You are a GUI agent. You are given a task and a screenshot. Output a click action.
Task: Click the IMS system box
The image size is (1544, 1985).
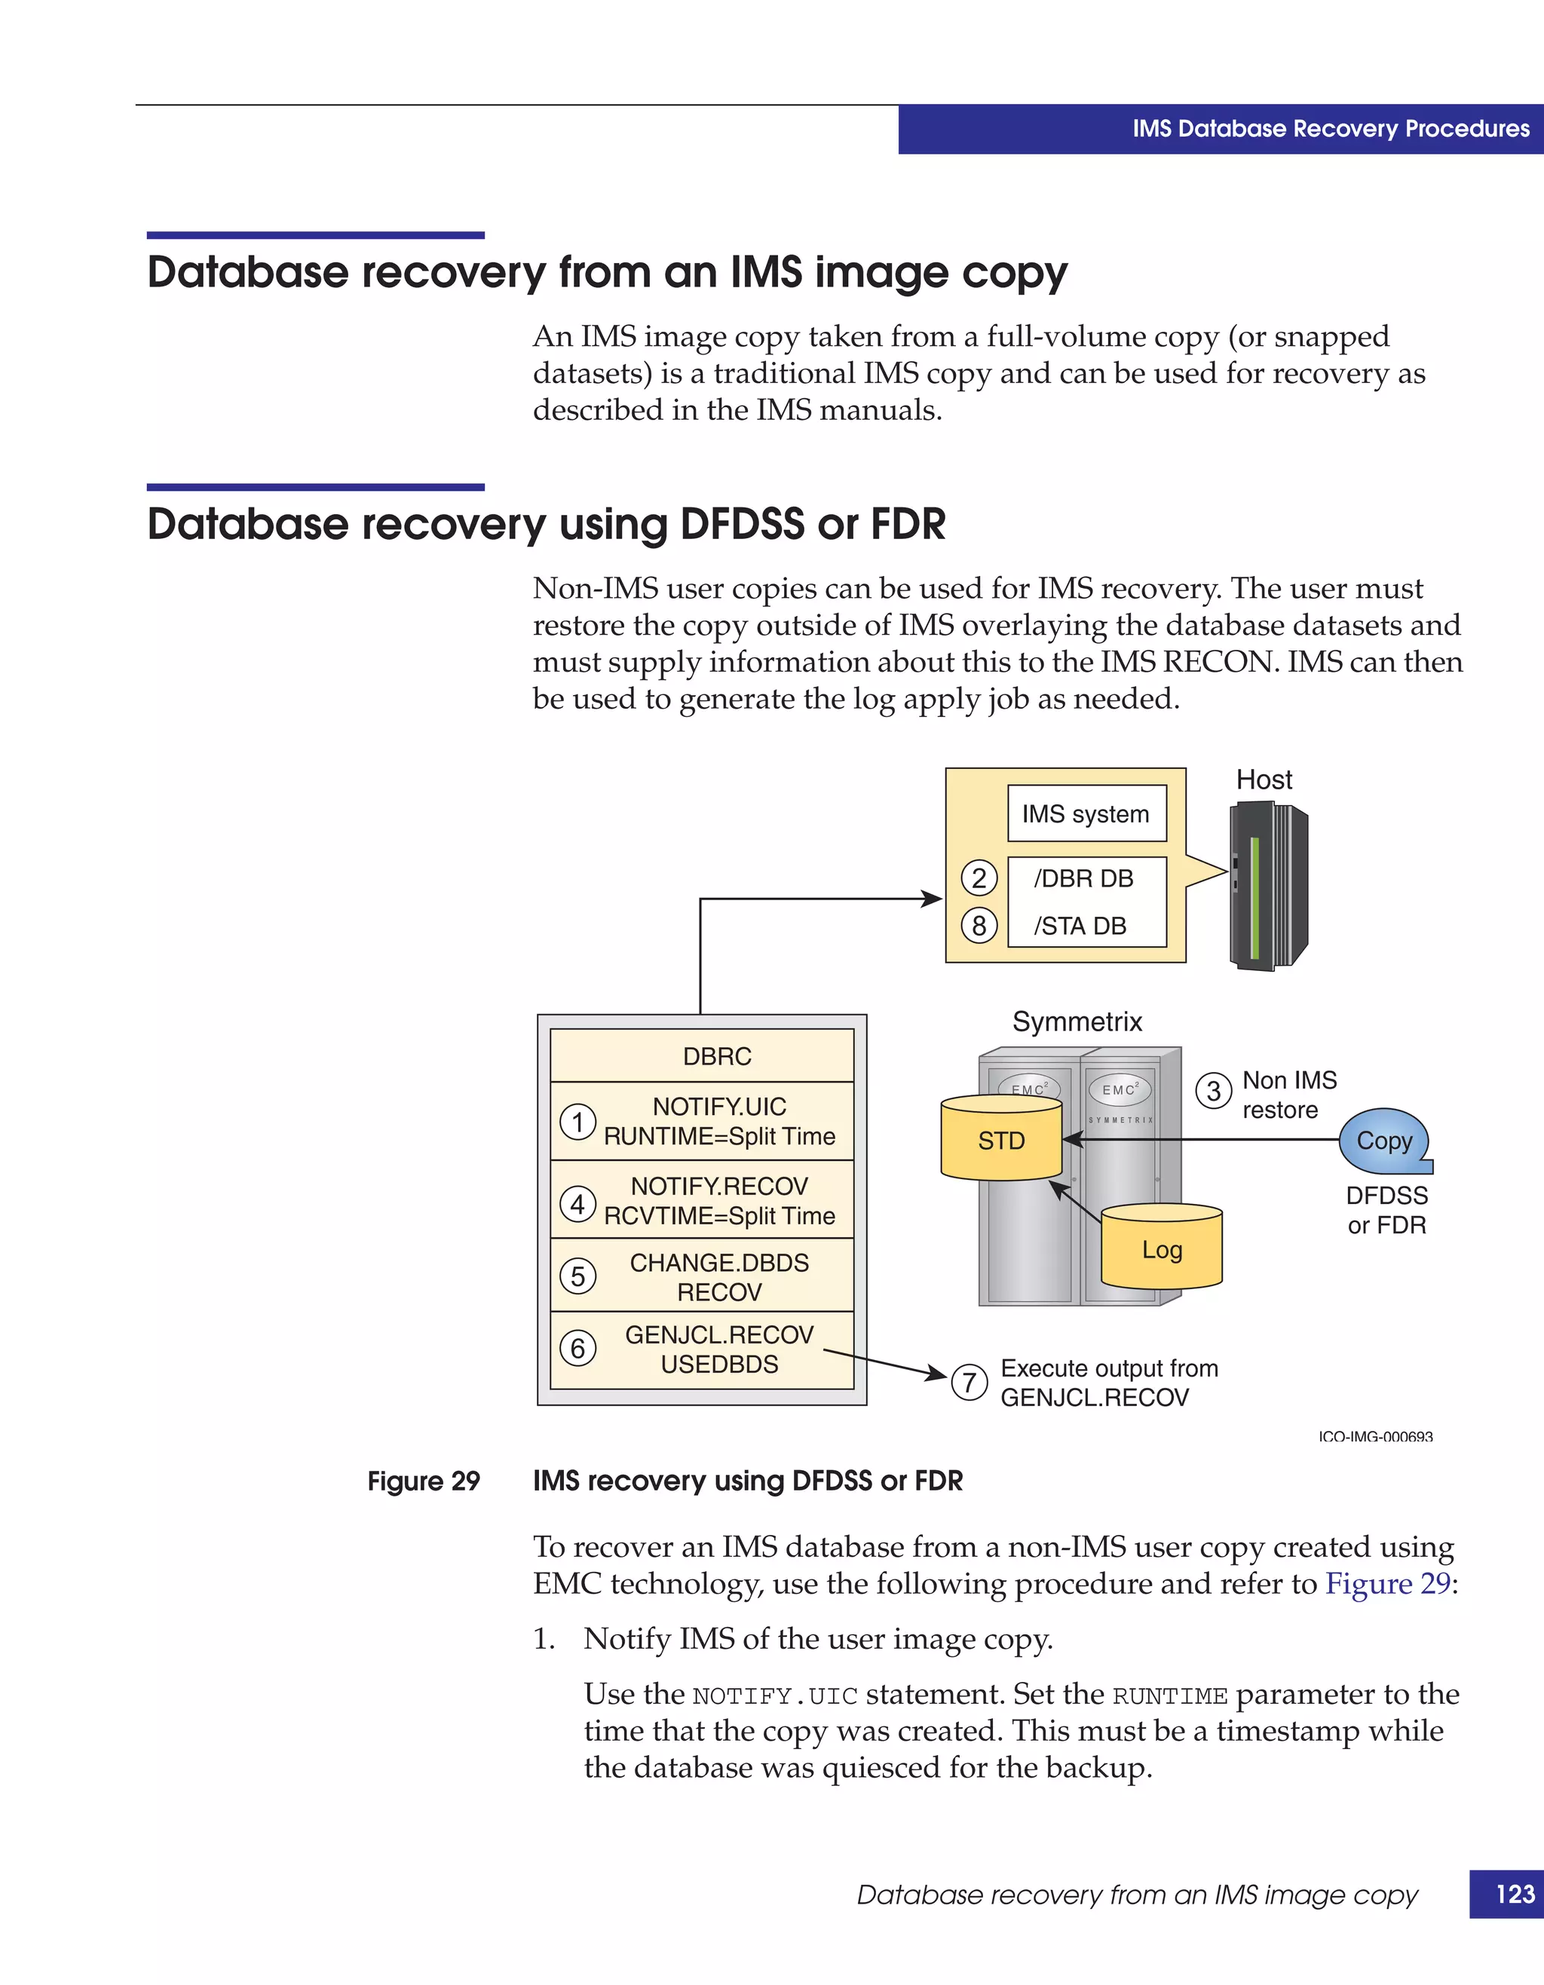click(1086, 813)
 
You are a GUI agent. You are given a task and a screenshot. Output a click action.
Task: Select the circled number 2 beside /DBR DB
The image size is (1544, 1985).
click(979, 878)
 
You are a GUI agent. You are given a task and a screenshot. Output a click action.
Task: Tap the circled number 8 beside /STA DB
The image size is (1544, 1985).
click(979, 925)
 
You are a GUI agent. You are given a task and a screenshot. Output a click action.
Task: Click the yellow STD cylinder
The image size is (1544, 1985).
click(1001, 1140)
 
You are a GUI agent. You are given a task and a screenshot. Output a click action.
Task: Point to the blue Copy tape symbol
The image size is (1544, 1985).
click(1383, 1141)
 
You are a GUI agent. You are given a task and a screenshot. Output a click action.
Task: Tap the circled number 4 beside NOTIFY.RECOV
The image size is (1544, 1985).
click(577, 1203)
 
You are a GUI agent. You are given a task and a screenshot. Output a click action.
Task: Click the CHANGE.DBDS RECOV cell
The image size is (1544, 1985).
click(718, 1276)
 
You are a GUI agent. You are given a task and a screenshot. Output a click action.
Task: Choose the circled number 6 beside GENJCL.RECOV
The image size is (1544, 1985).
click(577, 1348)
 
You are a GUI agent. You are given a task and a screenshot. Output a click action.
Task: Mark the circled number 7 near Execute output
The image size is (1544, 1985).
click(969, 1383)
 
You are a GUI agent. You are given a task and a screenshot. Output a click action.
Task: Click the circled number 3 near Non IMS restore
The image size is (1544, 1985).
click(1213, 1091)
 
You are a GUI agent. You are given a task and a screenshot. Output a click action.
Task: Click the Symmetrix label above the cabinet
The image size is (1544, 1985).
click(1077, 1022)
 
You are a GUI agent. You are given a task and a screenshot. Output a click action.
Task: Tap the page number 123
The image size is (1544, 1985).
click(1515, 1893)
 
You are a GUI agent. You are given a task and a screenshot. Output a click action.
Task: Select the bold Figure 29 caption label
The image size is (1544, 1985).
click(424, 1481)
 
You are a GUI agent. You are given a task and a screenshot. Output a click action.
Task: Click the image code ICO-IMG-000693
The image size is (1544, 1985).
click(1375, 1436)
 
